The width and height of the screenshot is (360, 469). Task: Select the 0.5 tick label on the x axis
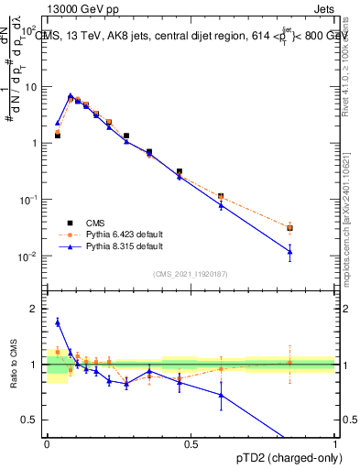(191, 444)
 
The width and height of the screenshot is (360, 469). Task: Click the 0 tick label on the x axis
(46, 444)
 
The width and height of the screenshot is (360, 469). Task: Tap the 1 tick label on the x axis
(334, 444)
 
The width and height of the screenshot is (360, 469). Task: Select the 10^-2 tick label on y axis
(28, 256)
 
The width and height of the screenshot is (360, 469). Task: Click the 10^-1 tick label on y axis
(28, 200)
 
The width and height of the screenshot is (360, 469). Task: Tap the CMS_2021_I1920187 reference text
(190, 273)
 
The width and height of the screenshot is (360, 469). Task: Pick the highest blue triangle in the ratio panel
(57, 322)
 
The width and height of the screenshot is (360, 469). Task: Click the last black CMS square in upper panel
(289, 228)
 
